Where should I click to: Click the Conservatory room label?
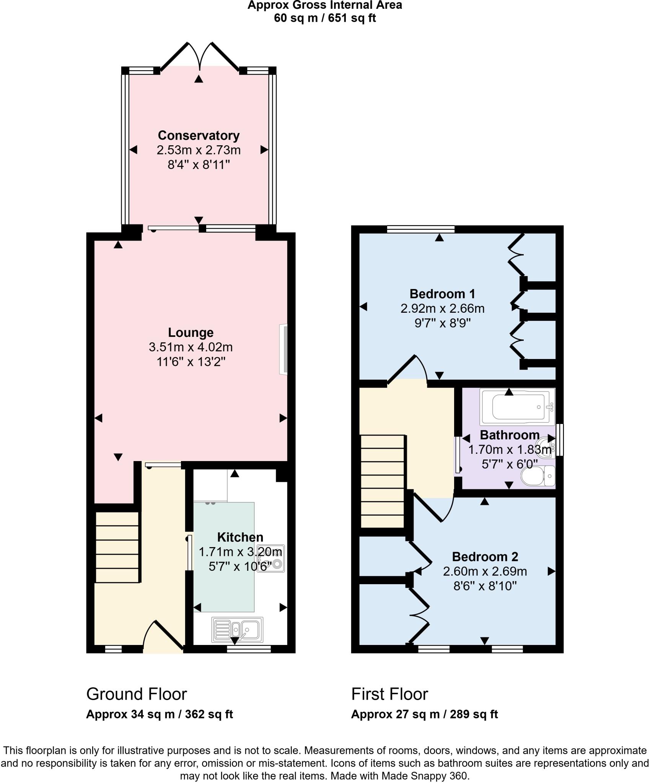[x=199, y=135]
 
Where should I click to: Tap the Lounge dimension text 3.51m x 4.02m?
[x=191, y=347]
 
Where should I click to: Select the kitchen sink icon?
[x=237, y=630]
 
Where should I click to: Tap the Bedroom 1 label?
[x=442, y=294]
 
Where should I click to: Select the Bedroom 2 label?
[x=485, y=556]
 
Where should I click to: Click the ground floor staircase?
[x=117, y=547]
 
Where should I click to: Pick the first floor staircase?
[x=383, y=481]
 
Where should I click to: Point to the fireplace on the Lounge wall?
[x=283, y=349]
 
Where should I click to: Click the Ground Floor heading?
[x=137, y=694]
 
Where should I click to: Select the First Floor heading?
[x=389, y=694]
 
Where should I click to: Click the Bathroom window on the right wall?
[x=560, y=439]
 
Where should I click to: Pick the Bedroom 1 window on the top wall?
[x=420, y=229]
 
